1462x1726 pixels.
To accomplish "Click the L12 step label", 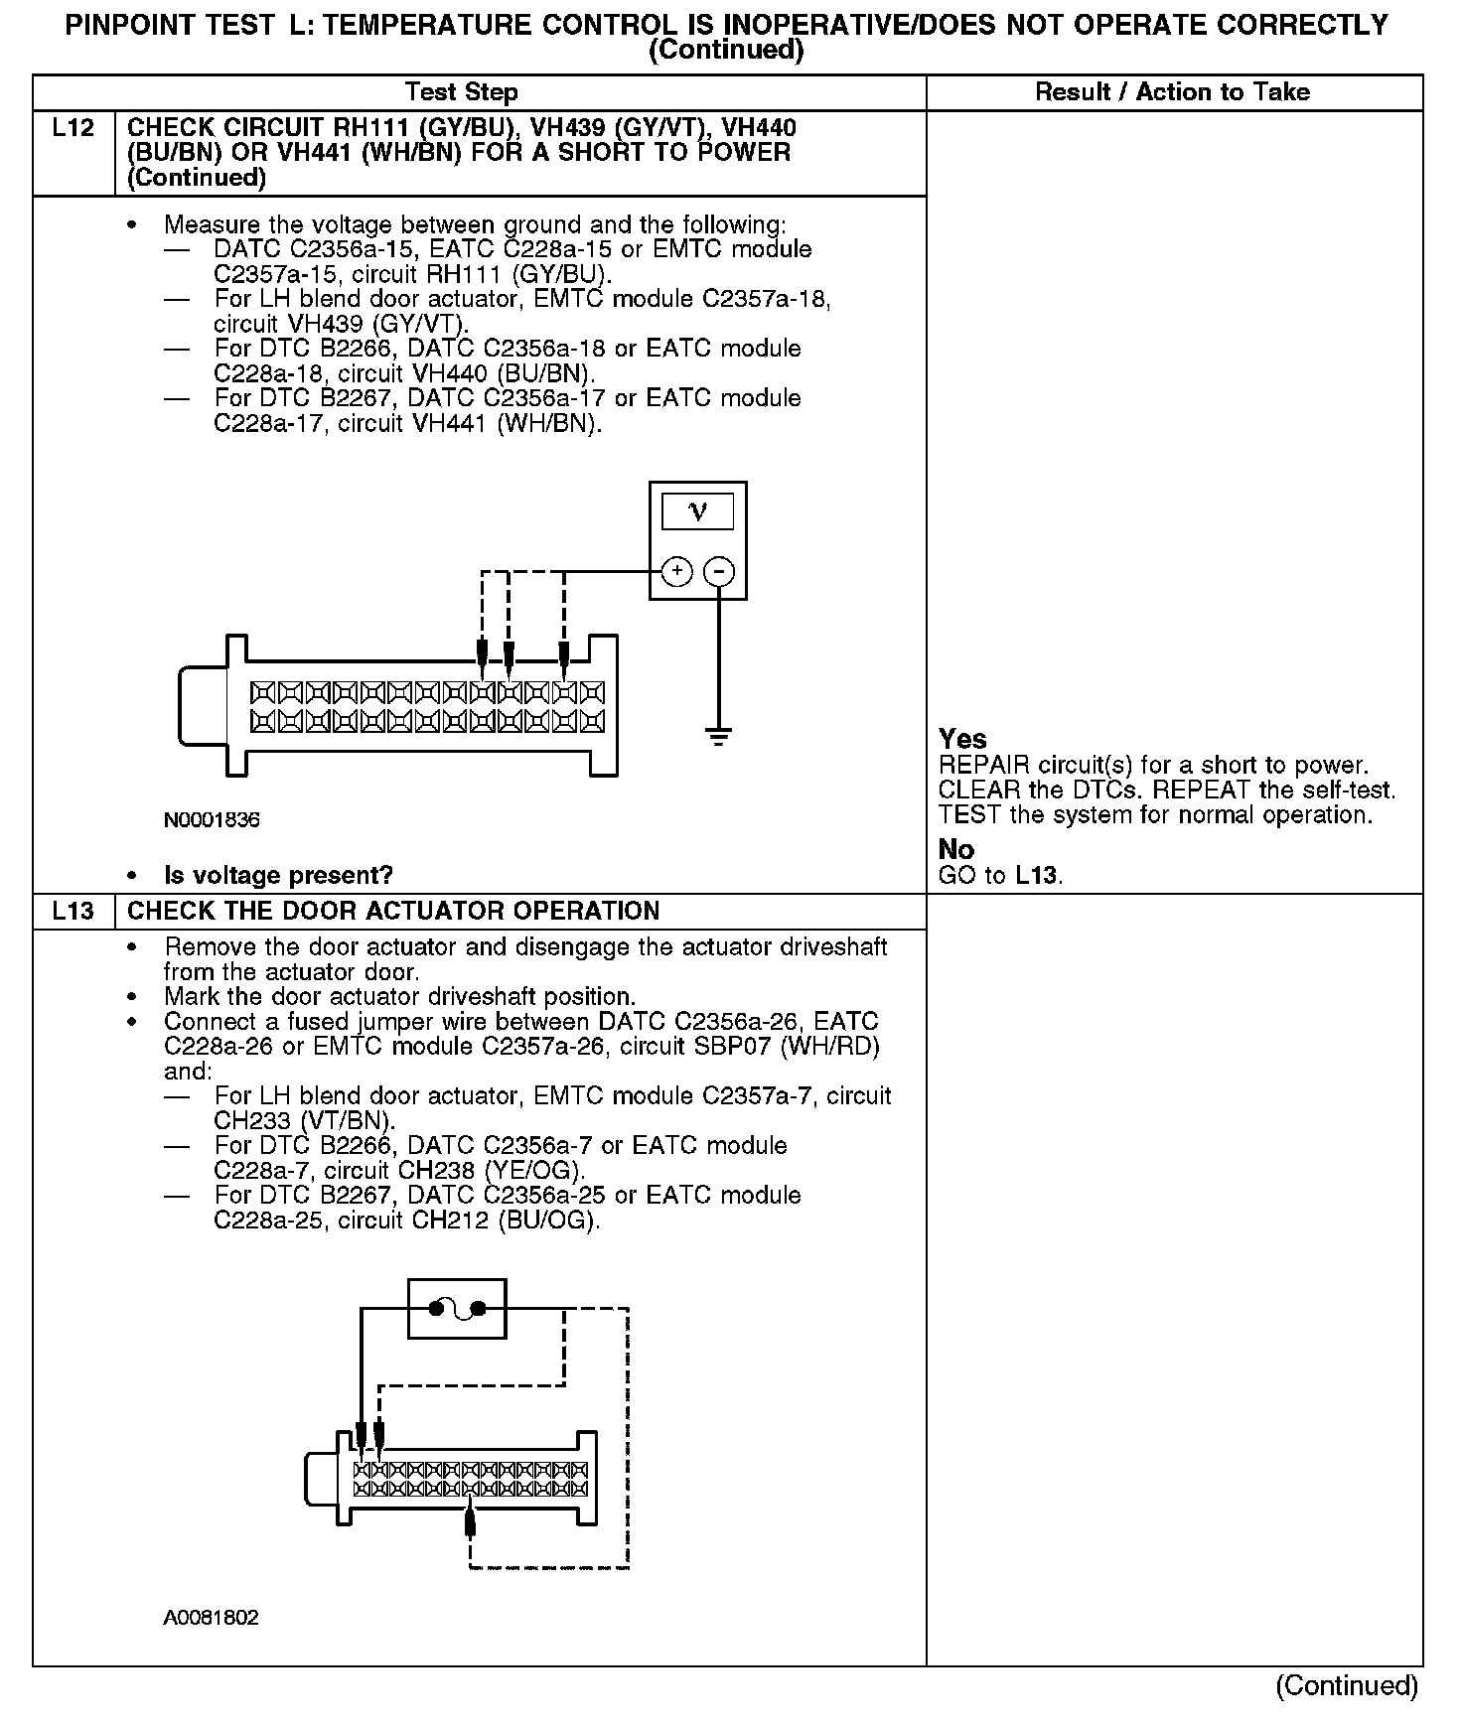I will tap(73, 128).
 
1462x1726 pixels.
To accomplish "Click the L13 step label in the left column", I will tap(73, 911).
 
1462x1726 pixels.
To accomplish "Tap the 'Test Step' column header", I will tap(462, 92).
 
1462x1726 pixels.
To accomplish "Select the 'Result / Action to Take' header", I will tap(1172, 92).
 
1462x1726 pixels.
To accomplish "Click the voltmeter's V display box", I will tap(697, 511).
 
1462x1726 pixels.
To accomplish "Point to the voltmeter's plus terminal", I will tap(676, 571).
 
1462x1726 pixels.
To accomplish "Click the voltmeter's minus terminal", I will tap(719, 571).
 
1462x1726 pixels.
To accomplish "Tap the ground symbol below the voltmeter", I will tap(719, 737).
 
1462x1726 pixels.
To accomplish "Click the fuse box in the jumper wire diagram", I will tap(457, 1308).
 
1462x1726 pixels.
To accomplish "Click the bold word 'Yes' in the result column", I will tap(962, 739).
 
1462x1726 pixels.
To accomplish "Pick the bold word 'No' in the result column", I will tap(955, 849).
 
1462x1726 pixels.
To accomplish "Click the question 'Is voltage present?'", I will tap(278, 875).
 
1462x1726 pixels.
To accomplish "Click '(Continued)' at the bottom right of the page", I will tap(1347, 1685).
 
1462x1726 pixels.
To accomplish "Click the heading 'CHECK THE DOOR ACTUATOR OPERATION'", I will tap(394, 911).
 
